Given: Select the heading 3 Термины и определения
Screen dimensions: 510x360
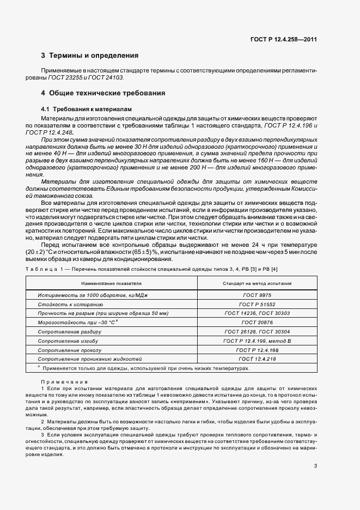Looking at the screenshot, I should [x=90, y=56].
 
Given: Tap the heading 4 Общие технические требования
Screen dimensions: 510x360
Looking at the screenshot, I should [x=103, y=93].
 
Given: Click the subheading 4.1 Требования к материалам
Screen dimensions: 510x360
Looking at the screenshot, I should [x=82, y=109].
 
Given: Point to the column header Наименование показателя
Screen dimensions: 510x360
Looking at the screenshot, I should [x=112, y=283].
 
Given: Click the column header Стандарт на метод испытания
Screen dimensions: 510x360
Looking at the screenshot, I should [x=257, y=283].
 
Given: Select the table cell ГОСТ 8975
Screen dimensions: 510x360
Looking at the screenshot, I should [x=257, y=295].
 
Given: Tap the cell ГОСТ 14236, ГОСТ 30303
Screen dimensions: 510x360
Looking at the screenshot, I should [x=257, y=313].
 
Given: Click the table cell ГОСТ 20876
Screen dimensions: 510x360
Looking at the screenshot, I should [x=257, y=323].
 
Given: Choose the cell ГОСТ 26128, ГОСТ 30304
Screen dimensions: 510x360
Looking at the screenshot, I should [x=257, y=332].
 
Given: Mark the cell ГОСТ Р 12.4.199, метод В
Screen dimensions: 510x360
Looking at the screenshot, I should [x=257, y=341].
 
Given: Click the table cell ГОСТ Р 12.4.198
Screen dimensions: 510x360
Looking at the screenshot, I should [x=257, y=350].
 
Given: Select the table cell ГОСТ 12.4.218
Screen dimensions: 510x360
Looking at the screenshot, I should [x=257, y=360].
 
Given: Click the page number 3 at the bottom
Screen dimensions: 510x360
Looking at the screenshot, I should [x=315, y=450].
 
